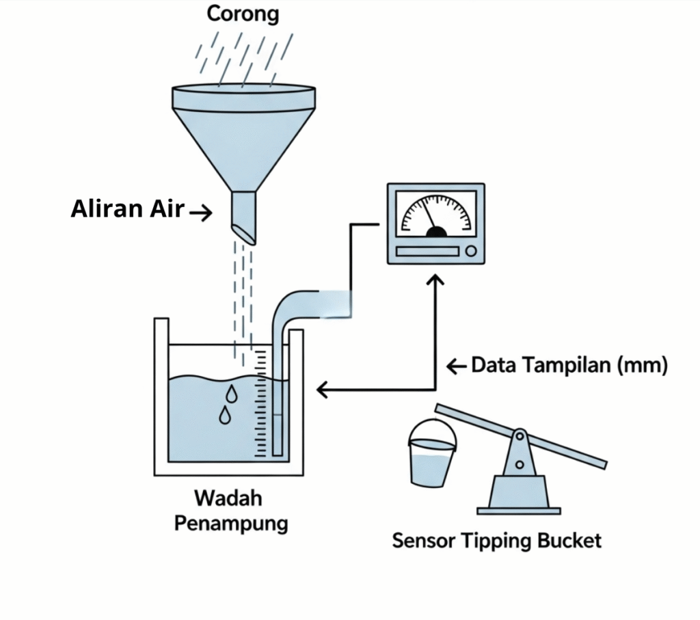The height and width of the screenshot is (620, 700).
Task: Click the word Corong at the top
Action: tap(243, 14)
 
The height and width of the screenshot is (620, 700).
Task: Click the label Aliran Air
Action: tap(128, 209)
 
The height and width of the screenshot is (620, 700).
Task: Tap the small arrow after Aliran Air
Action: tap(200, 213)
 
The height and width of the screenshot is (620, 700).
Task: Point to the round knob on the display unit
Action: tap(471, 252)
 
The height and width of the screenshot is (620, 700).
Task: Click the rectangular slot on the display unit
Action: tap(427, 252)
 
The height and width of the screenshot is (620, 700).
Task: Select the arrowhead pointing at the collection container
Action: tap(322, 390)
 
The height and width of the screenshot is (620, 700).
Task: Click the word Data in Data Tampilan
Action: tap(493, 366)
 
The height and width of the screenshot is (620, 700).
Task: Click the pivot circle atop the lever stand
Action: tap(520, 435)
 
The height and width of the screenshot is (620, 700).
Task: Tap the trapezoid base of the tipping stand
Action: tap(519, 491)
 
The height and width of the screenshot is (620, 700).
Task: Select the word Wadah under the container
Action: tap(228, 498)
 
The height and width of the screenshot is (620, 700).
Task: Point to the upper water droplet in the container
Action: tap(232, 394)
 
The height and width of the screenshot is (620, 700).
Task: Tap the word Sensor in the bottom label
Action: tap(423, 541)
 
